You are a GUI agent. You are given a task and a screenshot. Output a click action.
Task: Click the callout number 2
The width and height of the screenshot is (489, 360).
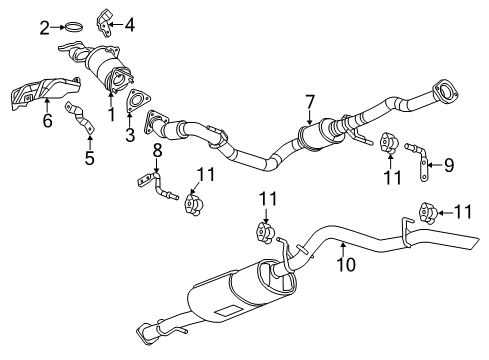click(x=45, y=28)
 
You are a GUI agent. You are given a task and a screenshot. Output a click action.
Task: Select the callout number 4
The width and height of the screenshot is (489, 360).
click(x=130, y=25)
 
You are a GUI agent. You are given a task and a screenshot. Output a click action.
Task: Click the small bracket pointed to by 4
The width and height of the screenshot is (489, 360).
click(x=104, y=23)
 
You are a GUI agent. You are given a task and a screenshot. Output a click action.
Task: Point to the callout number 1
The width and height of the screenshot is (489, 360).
click(x=112, y=114)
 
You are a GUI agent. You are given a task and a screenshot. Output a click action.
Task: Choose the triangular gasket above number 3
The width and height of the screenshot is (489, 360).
click(x=137, y=100)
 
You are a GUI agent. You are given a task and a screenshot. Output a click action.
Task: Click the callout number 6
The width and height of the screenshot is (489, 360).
click(x=48, y=120)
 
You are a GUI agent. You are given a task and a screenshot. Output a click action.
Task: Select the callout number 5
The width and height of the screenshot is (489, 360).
click(x=90, y=158)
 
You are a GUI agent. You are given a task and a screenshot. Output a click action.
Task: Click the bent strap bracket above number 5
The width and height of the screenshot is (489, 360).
click(x=81, y=117)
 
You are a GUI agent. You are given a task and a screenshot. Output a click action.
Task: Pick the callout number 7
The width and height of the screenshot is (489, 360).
click(x=310, y=102)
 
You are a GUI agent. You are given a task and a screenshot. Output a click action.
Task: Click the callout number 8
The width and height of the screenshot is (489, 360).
click(x=157, y=150)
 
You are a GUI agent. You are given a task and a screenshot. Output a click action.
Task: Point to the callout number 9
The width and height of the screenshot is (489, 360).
click(x=449, y=165)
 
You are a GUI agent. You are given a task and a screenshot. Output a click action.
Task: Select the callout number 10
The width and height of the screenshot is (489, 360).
click(x=346, y=264)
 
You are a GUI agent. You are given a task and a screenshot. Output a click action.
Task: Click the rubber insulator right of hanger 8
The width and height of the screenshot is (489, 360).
click(x=194, y=204)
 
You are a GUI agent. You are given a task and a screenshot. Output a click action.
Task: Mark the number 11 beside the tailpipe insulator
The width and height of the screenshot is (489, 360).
click(x=464, y=212)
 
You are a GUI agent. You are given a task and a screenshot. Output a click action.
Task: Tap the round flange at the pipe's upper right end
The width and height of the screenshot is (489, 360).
click(x=445, y=90)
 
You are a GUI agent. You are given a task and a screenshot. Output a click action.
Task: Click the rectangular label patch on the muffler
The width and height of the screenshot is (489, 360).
click(x=228, y=310)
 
